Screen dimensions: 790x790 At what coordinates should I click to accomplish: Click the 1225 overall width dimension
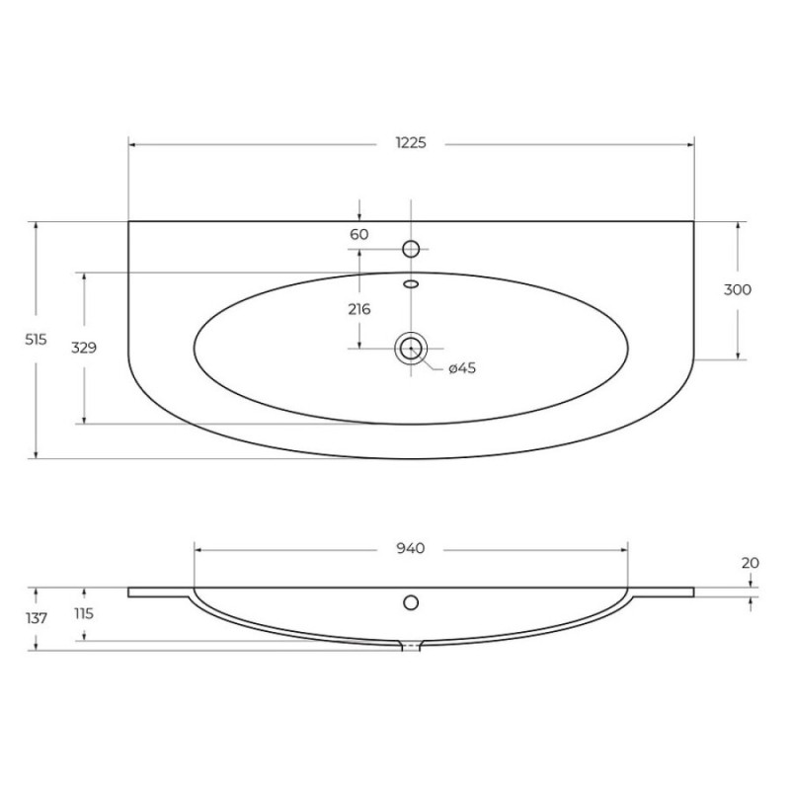click(411, 143)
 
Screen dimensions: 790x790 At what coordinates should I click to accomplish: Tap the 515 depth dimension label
click(36, 340)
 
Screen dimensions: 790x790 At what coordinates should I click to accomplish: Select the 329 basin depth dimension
click(84, 348)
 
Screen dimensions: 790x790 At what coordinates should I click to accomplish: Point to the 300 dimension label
click(737, 289)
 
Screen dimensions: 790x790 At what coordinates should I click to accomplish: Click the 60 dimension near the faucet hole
click(359, 234)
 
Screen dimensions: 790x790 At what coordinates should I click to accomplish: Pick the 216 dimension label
click(359, 309)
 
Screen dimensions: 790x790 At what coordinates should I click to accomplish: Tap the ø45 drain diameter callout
click(462, 368)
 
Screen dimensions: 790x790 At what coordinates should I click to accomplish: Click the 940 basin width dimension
click(411, 548)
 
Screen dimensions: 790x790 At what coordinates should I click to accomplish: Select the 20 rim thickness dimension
click(750, 563)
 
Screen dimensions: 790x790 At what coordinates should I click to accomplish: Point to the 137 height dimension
click(37, 618)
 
